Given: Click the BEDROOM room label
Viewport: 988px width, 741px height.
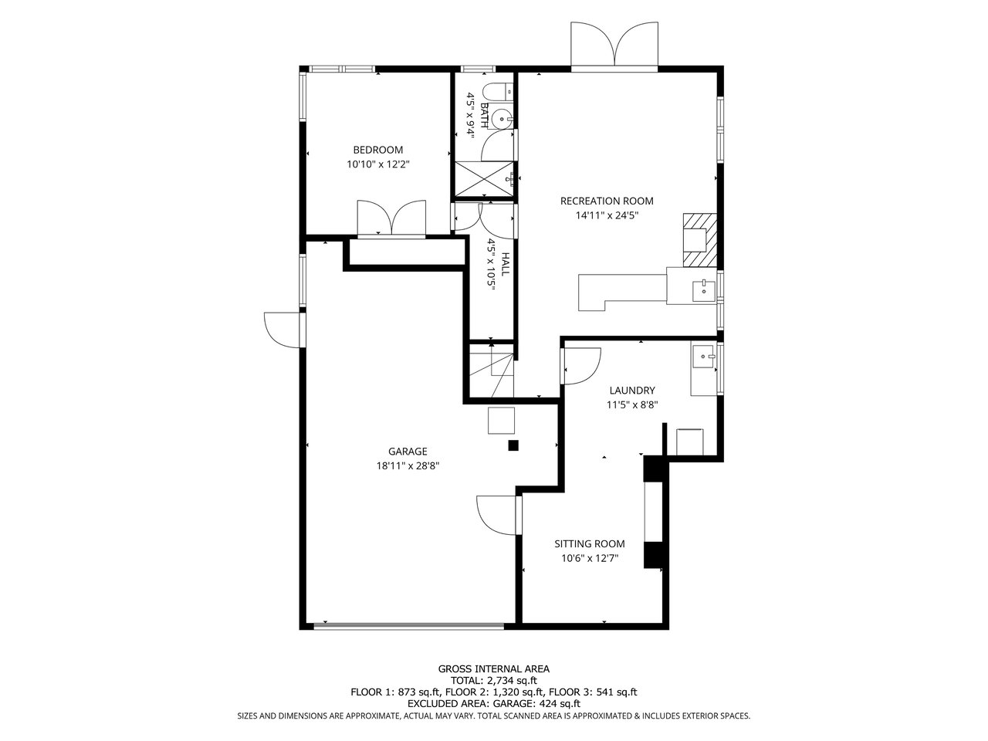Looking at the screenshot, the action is point(377,150).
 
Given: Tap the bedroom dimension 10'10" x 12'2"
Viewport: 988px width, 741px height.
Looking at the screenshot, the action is point(377,164).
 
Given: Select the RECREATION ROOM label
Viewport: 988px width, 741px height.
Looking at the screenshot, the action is point(607,201).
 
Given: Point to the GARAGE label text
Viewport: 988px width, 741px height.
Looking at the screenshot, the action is point(408,452).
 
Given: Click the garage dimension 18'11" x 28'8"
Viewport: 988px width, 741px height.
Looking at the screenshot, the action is point(408,466).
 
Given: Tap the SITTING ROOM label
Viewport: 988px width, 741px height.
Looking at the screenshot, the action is point(590,543).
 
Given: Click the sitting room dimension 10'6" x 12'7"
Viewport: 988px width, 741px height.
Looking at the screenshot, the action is point(590,558).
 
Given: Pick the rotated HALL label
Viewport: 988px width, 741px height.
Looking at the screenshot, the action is point(505,265).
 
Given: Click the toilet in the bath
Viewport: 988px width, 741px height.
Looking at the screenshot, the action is point(497,92).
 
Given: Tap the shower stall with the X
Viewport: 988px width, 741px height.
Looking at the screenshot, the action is point(484,179).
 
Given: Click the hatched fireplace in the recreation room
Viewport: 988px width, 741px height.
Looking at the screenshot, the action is point(699,240).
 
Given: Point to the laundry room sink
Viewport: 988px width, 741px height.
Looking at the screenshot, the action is point(704,357).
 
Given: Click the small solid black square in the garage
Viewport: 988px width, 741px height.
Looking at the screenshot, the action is point(513,445).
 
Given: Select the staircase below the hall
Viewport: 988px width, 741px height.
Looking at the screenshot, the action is point(492,370).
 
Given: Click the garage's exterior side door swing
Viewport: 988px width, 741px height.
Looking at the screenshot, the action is point(283,330).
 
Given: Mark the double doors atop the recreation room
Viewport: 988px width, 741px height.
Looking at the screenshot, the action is point(615,45).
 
